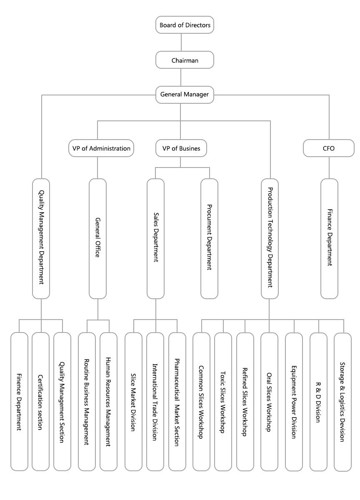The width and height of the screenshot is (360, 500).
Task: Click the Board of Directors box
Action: click(x=185, y=25)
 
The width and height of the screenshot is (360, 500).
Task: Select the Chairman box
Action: click(x=185, y=60)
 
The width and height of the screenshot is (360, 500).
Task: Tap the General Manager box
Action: click(x=185, y=95)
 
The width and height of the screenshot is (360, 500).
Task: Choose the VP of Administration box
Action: click(x=101, y=148)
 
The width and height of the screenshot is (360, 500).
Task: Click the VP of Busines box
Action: click(x=180, y=148)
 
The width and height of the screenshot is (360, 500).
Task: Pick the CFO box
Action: click(x=329, y=148)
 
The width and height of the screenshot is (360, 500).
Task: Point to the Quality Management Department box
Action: click(x=41, y=238)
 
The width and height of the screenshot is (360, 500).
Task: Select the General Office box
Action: click(x=98, y=238)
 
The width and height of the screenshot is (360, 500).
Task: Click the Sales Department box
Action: click(x=155, y=238)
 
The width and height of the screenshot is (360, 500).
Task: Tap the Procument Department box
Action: click(x=209, y=238)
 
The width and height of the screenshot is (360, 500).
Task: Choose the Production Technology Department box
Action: click(x=270, y=238)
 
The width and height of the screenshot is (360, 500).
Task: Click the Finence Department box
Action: click(x=19, y=401)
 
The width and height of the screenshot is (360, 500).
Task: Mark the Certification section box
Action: click(x=40, y=401)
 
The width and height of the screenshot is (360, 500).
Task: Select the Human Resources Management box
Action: click(x=108, y=401)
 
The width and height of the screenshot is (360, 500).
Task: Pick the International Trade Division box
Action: click(x=155, y=401)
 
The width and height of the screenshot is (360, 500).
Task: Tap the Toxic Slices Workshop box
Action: click(x=223, y=401)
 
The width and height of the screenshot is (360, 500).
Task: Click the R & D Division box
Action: click(x=318, y=401)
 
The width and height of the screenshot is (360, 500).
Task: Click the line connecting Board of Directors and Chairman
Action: click(x=181, y=42)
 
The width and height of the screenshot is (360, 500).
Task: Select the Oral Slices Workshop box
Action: click(x=269, y=401)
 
